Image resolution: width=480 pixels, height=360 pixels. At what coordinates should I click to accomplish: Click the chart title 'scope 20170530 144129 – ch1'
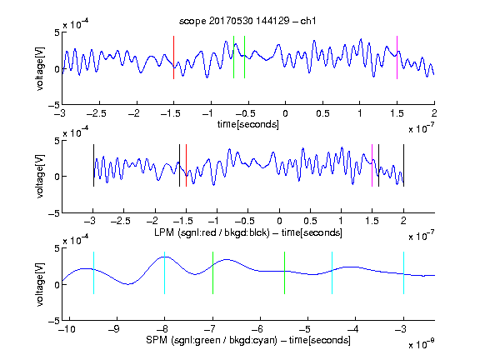[x=247, y=21]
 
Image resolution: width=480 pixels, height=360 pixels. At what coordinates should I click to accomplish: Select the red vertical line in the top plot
[x=173, y=57]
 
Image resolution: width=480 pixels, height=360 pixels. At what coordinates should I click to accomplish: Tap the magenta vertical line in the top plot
[x=397, y=57]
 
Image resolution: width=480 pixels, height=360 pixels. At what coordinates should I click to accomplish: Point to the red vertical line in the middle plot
[x=186, y=165]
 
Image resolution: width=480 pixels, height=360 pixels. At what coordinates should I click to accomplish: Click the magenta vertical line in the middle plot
[x=372, y=165]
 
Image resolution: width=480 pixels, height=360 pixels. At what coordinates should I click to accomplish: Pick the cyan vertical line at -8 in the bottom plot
[x=165, y=272]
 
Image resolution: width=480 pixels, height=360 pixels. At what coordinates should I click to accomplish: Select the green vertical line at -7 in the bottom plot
[x=212, y=272]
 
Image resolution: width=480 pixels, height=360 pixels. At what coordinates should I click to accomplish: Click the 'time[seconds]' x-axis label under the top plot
[x=248, y=124]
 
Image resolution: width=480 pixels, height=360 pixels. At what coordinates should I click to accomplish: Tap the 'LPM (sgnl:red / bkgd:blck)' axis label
[x=212, y=232]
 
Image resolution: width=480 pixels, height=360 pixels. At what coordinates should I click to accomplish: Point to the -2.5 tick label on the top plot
[x=97, y=113]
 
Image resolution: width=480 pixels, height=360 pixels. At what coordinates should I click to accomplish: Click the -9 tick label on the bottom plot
[x=114, y=329]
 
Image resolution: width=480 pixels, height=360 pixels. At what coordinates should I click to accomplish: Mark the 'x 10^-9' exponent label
[x=422, y=343]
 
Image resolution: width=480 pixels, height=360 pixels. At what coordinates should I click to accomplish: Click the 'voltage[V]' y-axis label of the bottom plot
[x=40, y=284]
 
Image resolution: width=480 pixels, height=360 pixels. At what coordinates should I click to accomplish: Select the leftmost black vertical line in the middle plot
[x=93, y=165]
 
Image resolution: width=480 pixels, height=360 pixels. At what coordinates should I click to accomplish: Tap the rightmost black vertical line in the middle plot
[x=403, y=165]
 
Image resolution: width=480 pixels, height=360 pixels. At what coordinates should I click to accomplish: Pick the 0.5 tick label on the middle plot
[x=310, y=221]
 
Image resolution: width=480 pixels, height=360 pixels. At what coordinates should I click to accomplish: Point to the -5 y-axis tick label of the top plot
[x=54, y=105]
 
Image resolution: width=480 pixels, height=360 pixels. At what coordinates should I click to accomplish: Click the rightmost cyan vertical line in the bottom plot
[x=403, y=272]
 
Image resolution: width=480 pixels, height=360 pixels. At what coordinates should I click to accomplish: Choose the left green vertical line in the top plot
[x=233, y=57]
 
